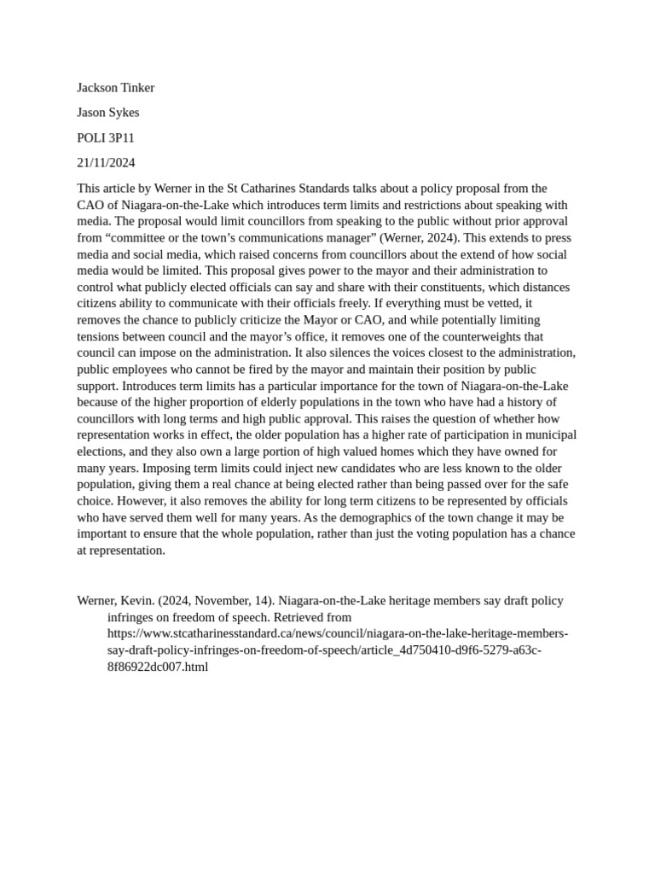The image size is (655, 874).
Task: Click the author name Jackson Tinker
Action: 115,88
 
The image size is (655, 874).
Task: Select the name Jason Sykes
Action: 107,113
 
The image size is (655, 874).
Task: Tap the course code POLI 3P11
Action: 106,137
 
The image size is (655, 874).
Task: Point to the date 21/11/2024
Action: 106,162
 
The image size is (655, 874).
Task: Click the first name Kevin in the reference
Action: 139,600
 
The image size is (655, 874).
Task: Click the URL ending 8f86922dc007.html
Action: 157,667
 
